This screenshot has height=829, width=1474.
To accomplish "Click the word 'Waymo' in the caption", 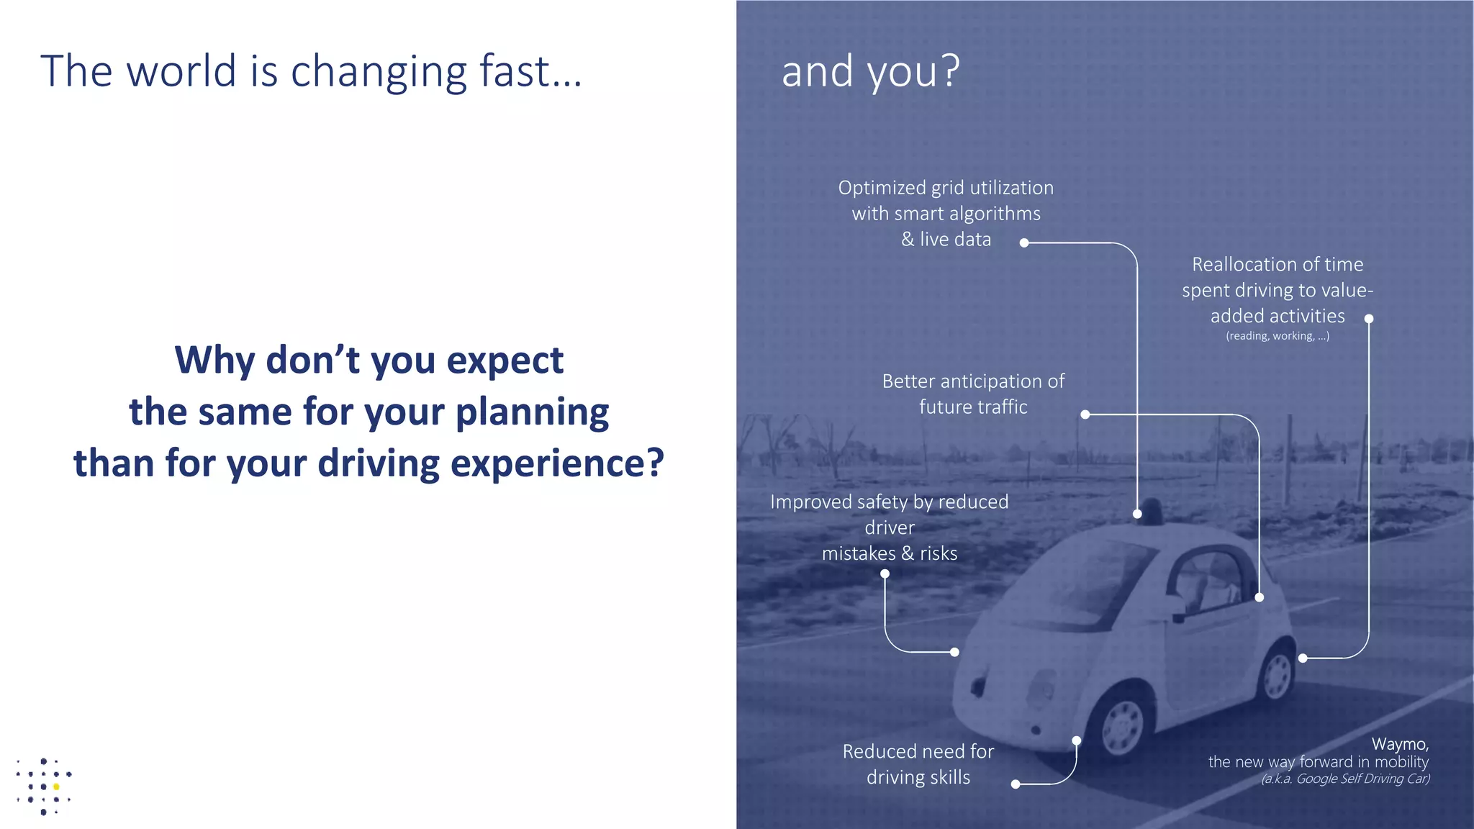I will click(1398, 744).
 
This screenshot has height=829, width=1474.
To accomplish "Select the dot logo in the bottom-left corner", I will click(44, 787).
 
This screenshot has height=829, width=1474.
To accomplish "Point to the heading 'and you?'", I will click(870, 71).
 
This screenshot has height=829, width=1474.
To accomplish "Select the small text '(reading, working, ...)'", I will click(1278, 336).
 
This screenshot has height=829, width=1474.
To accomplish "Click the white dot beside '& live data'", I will click(1024, 243).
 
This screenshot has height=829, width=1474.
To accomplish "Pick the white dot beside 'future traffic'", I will click(1085, 414).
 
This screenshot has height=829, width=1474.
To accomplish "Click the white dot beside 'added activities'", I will click(1369, 319).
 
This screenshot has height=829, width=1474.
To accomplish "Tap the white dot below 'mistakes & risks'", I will click(885, 574).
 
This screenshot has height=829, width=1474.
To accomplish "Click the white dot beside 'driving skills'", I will click(1016, 784).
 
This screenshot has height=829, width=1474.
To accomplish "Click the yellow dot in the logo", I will click(56, 787).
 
